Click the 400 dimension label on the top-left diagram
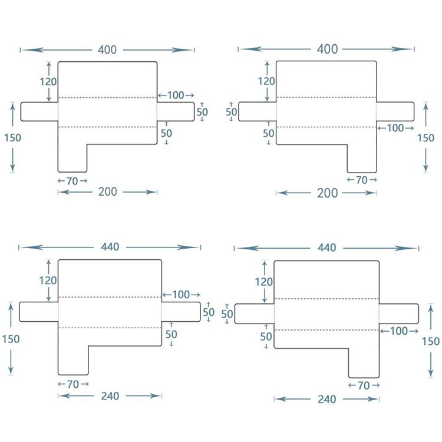tap(107, 50)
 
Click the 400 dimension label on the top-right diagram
tap(327, 49)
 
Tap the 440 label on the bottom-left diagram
tap(110, 247)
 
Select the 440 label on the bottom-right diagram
tap(326, 248)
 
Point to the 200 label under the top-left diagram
tap(108, 192)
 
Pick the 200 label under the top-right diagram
tap(327, 193)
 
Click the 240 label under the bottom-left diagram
tap(110, 396)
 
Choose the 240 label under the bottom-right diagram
tap(326, 399)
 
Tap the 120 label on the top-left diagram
tap(48, 82)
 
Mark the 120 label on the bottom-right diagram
tap(263, 282)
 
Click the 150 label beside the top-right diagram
tap(425, 138)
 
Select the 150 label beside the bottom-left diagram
tap(11, 339)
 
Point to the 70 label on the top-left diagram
tap(72, 181)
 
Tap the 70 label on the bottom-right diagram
tap(364, 385)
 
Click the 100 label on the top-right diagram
tap(395, 128)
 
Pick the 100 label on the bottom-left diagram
tap(181, 295)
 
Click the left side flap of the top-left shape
tap(39, 111)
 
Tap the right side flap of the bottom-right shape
tap(398, 314)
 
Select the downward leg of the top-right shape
tap(362, 159)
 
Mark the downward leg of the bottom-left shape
tap(73, 361)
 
